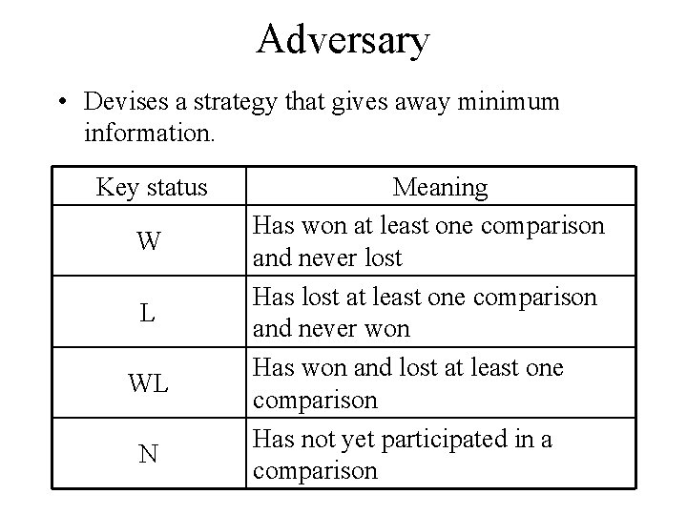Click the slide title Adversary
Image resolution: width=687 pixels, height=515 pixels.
click(343, 40)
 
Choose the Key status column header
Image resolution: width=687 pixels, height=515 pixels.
click(151, 187)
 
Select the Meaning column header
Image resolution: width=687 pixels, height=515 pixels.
click(440, 187)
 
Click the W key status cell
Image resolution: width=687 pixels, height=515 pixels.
click(148, 241)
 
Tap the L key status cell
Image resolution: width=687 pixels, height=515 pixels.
click(148, 312)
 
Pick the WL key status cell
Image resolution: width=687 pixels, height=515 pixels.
click(148, 382)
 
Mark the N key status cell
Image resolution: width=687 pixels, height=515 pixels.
click(148, 453)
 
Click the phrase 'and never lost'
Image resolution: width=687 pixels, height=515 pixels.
click(326, 257)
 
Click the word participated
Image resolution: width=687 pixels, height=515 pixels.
click(439, 440)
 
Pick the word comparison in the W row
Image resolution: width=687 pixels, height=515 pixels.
click(544, 227)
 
